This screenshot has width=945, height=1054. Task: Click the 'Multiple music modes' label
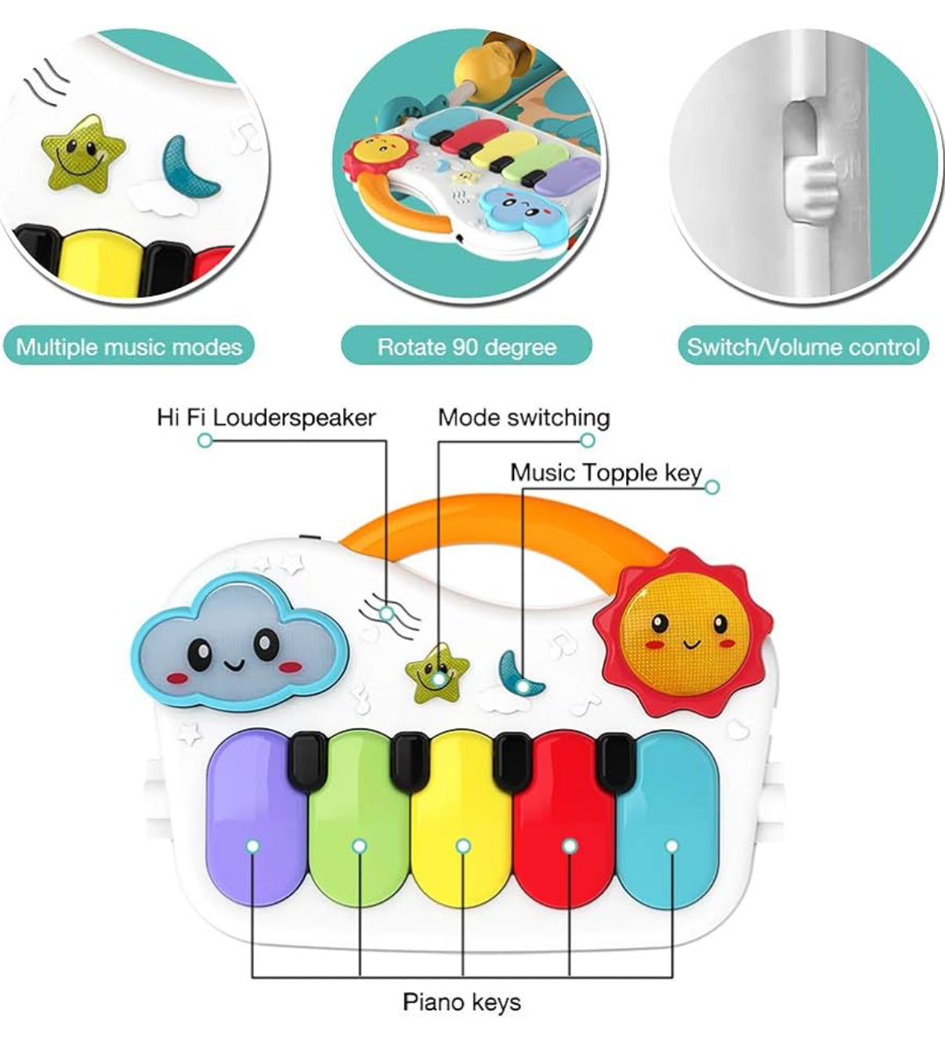129,347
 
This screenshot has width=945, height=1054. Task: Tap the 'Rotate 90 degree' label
467,347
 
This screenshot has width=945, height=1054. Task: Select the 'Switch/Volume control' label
803,347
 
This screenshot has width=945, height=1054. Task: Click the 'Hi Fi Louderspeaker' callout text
266,417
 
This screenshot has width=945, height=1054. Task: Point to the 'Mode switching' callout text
523,417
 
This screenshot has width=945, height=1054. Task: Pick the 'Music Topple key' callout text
606,472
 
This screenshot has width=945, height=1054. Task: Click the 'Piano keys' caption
462,1001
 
